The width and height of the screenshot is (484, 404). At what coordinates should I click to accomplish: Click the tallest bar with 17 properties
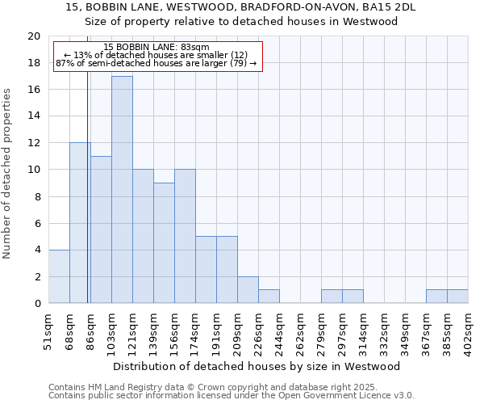(122, 189)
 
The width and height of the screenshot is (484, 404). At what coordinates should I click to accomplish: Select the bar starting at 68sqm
(80, 222)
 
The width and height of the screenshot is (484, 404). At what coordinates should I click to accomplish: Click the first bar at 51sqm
(59, 276)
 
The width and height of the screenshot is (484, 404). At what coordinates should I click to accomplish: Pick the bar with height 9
(164, 242)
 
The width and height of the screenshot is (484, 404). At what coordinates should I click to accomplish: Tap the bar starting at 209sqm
(248, 289)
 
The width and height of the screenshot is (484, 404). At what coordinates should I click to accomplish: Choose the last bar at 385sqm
(457, 297)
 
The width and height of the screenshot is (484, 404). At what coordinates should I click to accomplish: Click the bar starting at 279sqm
(332, 297)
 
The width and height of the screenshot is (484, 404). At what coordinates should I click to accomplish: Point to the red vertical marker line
(87, 202)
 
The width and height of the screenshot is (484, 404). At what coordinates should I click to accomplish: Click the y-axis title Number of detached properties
(8, 174)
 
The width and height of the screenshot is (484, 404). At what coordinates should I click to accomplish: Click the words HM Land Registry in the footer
(111, 387)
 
